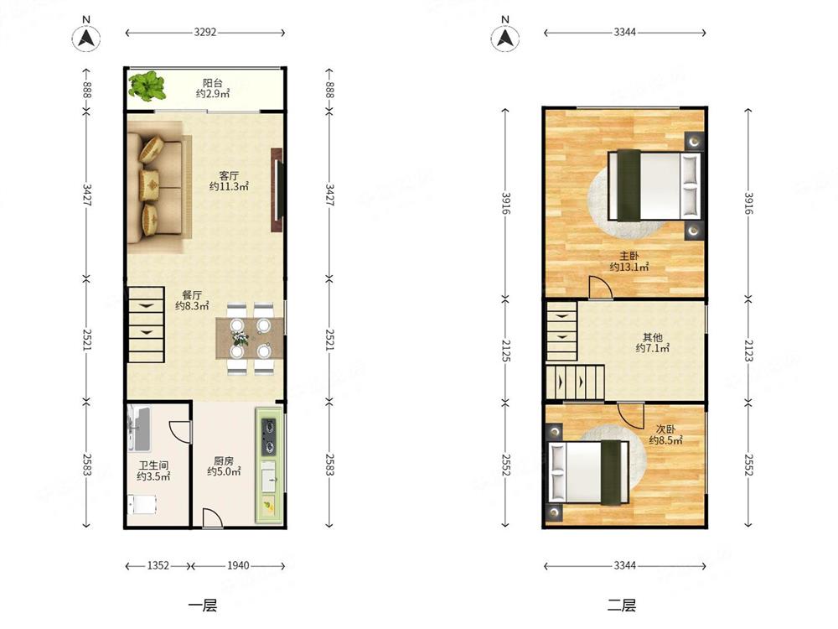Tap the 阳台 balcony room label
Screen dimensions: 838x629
point(213,83)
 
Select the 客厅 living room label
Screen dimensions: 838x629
point(229,175)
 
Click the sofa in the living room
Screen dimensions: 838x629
point(159,187)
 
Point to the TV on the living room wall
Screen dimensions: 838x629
point(278,190)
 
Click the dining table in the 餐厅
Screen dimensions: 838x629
point(250,339)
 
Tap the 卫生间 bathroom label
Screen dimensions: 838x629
point(153,465)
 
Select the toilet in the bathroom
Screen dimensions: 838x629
point(142,504)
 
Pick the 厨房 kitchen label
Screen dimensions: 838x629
point(224,460)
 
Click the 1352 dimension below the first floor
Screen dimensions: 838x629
point(158,565)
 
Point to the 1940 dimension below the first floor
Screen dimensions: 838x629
point(238,565)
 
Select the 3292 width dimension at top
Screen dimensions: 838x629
point(205,32)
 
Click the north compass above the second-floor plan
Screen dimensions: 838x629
point(505,35)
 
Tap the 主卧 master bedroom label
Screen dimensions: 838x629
point(629,256)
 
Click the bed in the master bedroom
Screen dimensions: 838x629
point(654,185)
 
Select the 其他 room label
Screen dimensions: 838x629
point(653,337)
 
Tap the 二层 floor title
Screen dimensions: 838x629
point(622,606)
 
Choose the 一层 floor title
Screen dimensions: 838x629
point(203,606)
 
